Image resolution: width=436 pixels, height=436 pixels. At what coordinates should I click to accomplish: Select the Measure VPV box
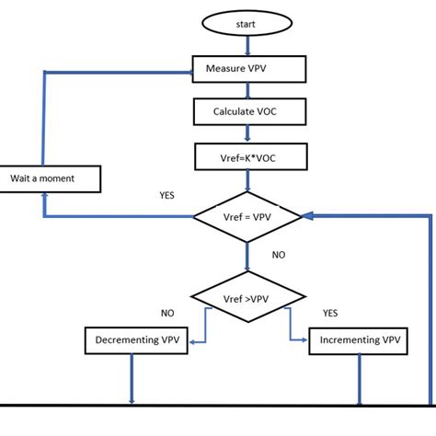click(246, 68)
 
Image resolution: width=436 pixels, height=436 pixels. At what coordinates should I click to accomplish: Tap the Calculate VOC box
click(246, 111)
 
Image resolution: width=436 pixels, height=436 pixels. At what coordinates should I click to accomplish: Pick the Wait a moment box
click(51, 178)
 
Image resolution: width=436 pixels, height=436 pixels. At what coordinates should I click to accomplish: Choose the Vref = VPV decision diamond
click(247, 216)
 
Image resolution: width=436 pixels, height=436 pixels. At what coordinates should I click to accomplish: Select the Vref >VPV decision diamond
click(246, 297)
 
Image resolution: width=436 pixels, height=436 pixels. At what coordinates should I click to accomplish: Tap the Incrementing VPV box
click(360, 341)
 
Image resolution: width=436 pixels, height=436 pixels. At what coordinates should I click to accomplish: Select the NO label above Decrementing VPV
click(166, 313)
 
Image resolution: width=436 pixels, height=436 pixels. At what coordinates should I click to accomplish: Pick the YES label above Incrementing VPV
click(330, 313)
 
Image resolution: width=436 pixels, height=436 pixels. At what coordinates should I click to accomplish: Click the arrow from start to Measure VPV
click(246, 48)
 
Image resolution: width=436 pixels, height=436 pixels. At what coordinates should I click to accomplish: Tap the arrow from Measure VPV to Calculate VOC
click(246, 90)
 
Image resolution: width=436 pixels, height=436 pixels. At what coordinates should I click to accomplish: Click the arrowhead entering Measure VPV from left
click(187, 69)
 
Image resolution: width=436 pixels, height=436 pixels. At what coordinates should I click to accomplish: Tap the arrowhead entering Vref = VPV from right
click(306, 216)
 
